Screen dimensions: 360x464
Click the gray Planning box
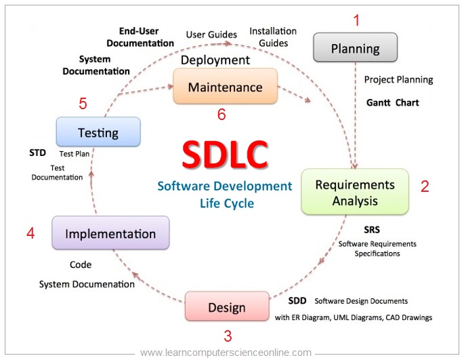click(x=355, y=48)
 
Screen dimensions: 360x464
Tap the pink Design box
click(x=226, y=307)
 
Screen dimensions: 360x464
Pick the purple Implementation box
click(x=110, y=234)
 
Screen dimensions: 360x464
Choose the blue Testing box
click(x=98, y=132)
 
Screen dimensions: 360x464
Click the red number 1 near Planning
click(x=357, y=20)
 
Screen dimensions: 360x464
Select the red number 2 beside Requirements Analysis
click(x=425, y=186)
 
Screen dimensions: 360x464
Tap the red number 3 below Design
click(x=228, y=336)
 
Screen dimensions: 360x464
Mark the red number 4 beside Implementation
click(x=30, y=234)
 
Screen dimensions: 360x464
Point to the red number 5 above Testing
click(x=83, y=104)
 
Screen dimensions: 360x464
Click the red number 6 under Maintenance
click(x=222, y=115)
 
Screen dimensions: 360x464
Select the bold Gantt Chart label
click(x=392, y=103)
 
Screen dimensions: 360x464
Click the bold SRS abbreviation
click(x=372, y=230)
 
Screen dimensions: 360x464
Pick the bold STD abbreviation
click(x=38, y=153)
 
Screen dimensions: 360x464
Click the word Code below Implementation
click(x=81, y=265)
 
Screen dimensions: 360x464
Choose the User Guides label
click(x=211, y=34)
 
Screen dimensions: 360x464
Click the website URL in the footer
click(x=226, y=353)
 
